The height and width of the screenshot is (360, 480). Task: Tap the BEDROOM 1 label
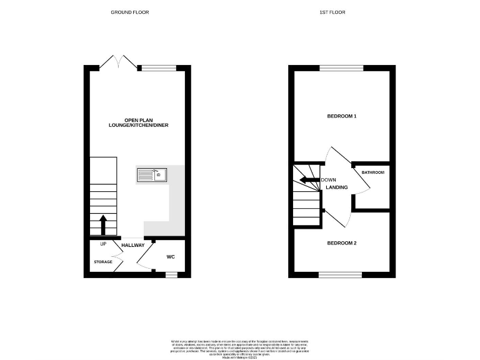click(342, 116)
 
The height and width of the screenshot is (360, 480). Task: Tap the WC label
click(171, 257)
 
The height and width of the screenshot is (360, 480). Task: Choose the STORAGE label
click(103, 261)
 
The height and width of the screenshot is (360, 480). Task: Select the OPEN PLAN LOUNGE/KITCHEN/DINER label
click(137, 122)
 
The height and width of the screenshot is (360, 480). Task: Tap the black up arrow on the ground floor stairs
click(102, 224)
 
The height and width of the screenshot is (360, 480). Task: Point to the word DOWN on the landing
click(328, 180)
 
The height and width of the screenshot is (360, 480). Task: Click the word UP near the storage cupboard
click(102, 243)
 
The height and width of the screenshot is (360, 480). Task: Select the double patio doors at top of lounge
click(119, 64)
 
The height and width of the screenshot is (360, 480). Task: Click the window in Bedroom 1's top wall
click(341, 67)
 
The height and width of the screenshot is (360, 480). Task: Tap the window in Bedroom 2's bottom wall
click(340, 274)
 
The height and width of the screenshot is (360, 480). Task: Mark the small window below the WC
click(171, 274)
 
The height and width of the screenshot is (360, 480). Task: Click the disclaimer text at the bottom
click(239, 348)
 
